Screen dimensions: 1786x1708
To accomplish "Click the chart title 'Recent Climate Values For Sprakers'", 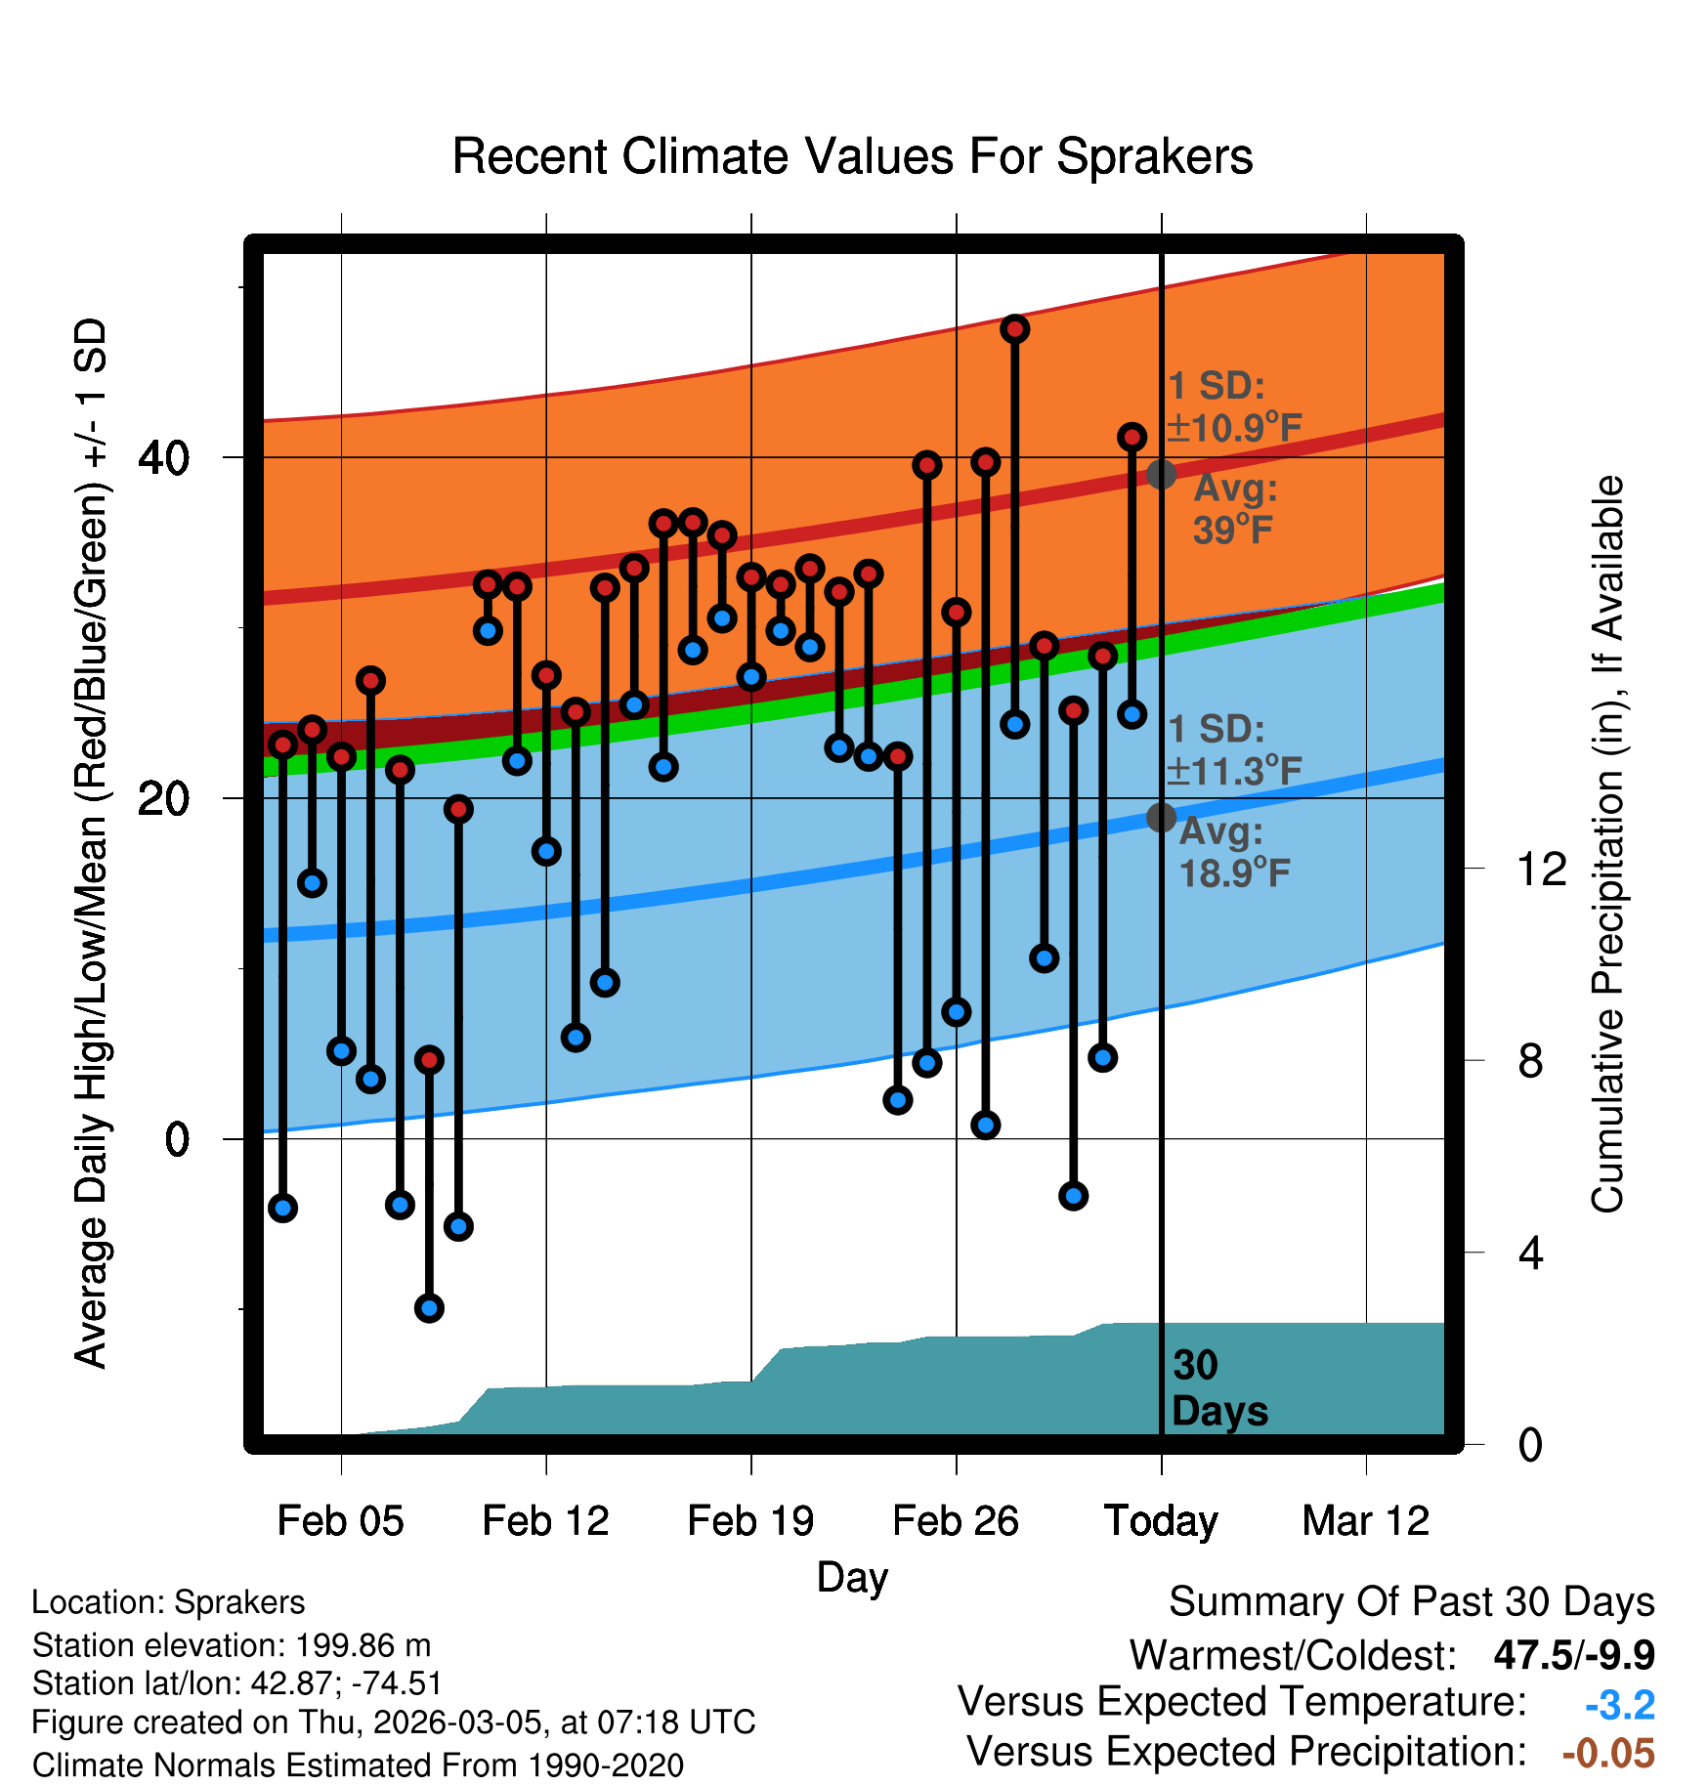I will tap(852, 156).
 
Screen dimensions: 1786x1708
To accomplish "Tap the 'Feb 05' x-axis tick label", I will tap(340, 1521).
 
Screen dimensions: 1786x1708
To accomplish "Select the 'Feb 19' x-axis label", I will tap(750, 1521).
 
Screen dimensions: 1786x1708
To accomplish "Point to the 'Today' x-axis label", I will tap(1161, 1521).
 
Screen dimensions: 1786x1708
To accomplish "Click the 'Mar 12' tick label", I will tap(1366, 1521).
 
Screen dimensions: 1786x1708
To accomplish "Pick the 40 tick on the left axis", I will tap(164, 457).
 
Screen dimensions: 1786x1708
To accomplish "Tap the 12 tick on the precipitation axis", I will tap(1541, 869).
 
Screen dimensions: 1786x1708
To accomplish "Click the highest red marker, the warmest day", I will tap(1015, 329).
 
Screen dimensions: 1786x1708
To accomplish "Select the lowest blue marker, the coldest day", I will tap(429, 1307).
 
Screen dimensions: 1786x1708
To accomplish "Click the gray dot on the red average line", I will tap(1161, 474).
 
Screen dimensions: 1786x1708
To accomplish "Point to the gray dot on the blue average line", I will tap(1161, 817).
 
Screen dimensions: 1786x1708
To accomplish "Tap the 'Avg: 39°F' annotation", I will tap(1234, 509).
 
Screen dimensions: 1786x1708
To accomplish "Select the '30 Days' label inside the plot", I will tap(1218, 1388).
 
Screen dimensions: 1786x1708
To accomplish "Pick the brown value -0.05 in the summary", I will tap(1608, 1753).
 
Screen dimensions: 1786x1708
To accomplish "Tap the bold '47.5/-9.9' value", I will tap(1574, 1655).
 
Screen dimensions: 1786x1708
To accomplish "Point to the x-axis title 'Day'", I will tap(852, 1577).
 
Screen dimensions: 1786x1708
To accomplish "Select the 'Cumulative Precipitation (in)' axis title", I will tap(1607, 844).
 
